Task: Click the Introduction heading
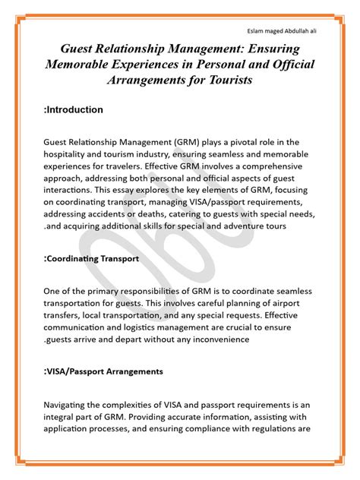pos(74,110)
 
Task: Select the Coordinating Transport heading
pos(93,259)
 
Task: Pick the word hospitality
pos(67,152)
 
